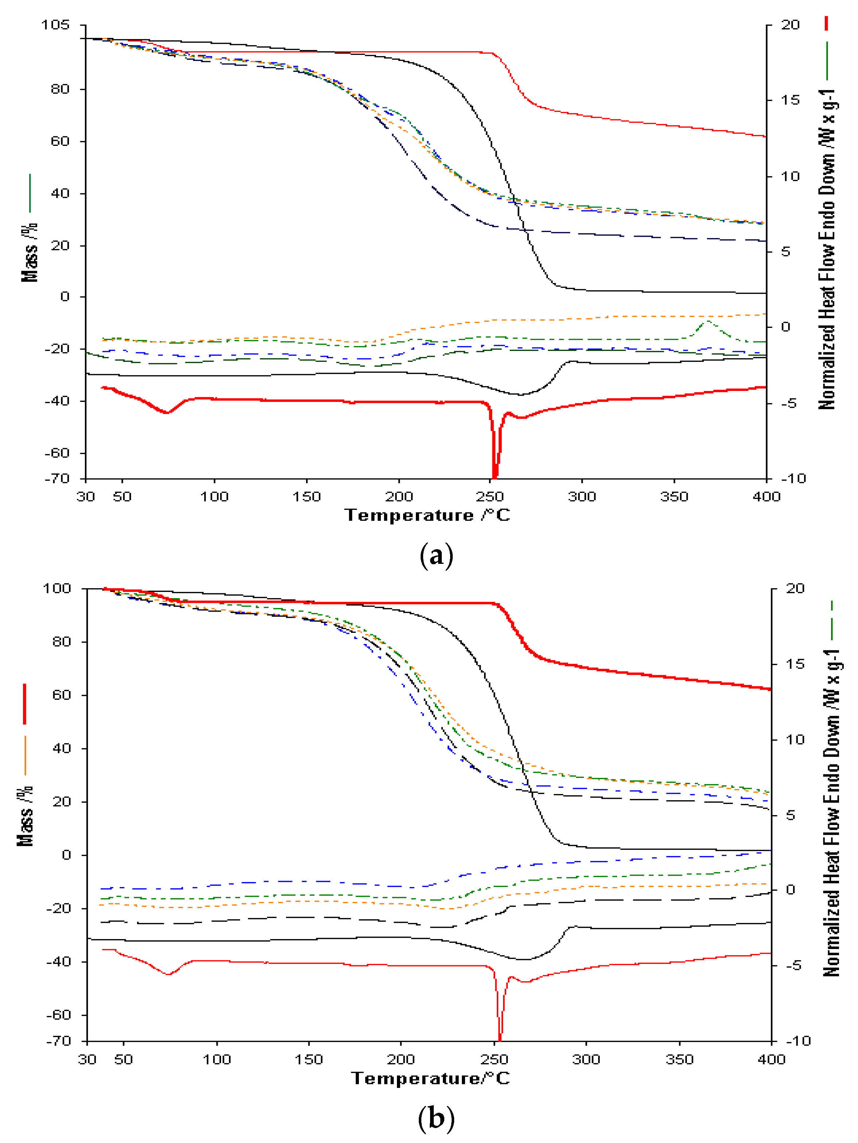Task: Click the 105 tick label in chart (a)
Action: pyautogui.click(x=55, y=25)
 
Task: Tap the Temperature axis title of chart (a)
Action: pyautogui.click(x=428, y=515)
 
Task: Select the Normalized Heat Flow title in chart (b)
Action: pyautogui.click(x=831, y=813)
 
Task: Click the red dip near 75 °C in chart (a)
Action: pyautogui.click(x=166, y=412)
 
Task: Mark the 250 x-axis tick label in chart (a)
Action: pyautogui.click(x=490, y=497)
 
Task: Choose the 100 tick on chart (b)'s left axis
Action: pyautogui.click(x=57, y=588)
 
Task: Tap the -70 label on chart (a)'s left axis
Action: pyautogui.click(x=57, y=478)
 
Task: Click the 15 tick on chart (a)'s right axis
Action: pyautogui.click(x=790, y=100)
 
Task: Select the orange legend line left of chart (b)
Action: pyautogui.click(x=25, y=755)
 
